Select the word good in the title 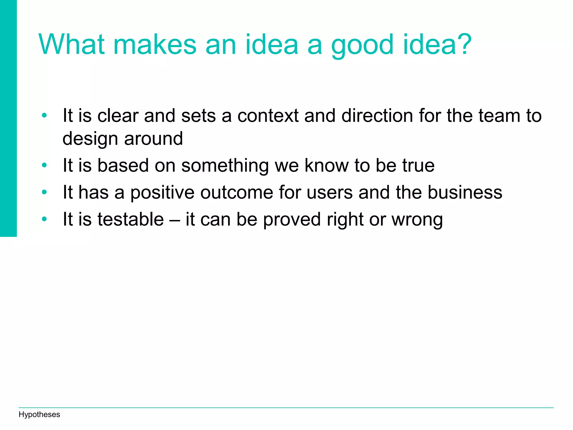363,45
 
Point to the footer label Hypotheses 39,414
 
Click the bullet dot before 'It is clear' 44,115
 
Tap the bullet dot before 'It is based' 44,165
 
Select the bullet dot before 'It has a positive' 44,192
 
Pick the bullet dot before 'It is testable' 44,219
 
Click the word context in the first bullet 268,116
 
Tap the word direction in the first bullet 377,116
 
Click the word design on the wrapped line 90,139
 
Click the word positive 162,193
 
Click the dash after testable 175,220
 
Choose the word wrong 417,220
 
